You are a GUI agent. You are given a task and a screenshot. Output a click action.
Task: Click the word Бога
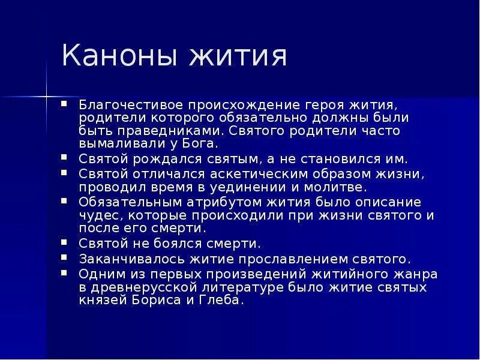(202, 144)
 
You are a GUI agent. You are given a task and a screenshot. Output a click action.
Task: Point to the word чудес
(95, 215)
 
